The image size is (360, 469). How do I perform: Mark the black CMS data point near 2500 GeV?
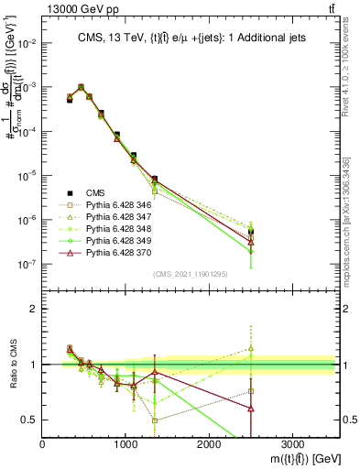251,232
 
